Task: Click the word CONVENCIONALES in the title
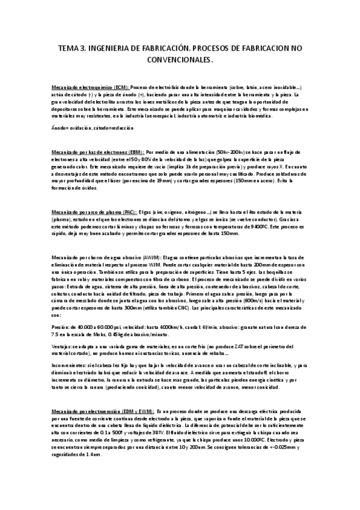179,60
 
